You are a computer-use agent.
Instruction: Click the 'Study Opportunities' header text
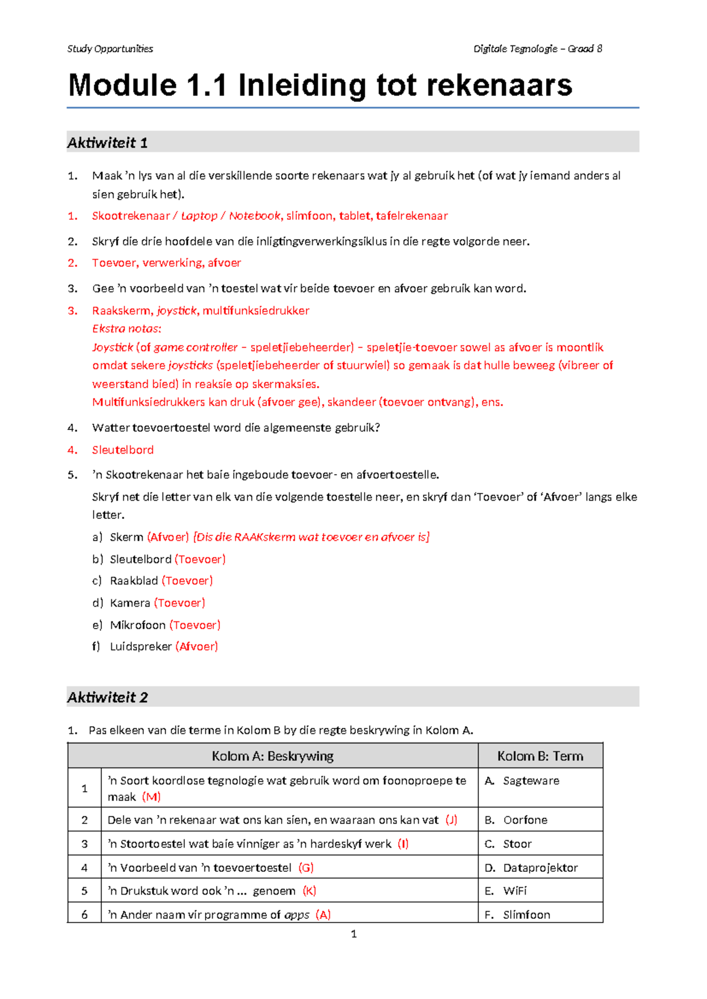[110, 49]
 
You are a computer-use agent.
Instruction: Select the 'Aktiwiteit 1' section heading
[107, 143]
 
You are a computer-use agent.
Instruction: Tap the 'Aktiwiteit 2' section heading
[107, 697]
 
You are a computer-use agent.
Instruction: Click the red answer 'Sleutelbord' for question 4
[123, 450]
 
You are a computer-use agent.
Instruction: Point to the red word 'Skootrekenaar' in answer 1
[130, 216]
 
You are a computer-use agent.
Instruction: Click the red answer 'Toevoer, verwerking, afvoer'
[166, 263]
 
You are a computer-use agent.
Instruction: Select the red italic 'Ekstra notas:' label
[127, 329]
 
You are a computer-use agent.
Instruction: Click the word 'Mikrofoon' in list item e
[138, 625]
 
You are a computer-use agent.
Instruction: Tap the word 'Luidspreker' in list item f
[141, 647]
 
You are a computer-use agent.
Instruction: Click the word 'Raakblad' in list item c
[134, 581]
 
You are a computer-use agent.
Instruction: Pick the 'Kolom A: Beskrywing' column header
[272, 756]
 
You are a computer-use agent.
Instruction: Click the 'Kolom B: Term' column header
[540, 756]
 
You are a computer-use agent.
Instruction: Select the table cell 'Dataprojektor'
[540, 868]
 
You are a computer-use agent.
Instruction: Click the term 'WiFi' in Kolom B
[515, 891]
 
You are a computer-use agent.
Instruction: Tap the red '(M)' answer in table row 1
[151, 797]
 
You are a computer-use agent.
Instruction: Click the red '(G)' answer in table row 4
[306, 868]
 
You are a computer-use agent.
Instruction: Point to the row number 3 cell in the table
[84, 844]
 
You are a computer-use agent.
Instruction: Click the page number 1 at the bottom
[353, 934]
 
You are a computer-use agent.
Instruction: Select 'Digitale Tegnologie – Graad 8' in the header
[537, 49]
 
